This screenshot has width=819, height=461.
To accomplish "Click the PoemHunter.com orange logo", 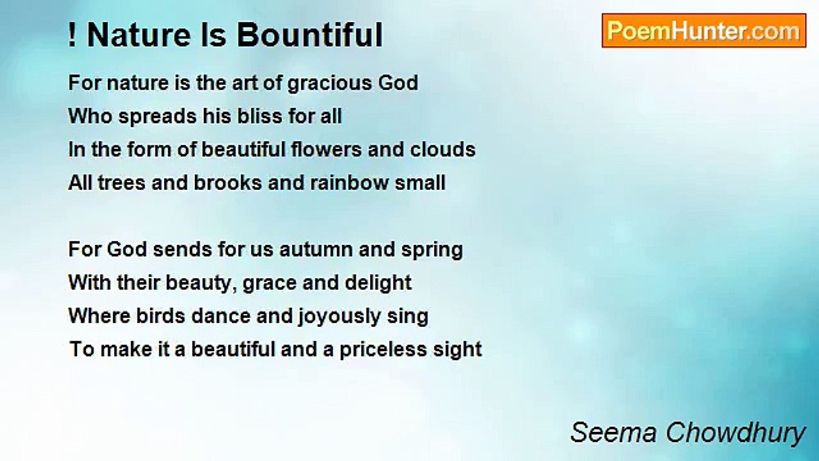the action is point(704,31).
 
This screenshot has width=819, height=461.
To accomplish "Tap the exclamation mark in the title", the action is point(72,35).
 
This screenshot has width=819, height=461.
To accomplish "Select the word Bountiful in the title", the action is point(310,35).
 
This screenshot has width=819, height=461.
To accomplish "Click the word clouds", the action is point(443,149).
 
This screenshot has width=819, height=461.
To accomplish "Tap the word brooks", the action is point(228,182).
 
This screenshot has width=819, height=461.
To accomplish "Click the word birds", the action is point(161,316).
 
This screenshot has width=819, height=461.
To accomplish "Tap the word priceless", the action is point(383,350).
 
